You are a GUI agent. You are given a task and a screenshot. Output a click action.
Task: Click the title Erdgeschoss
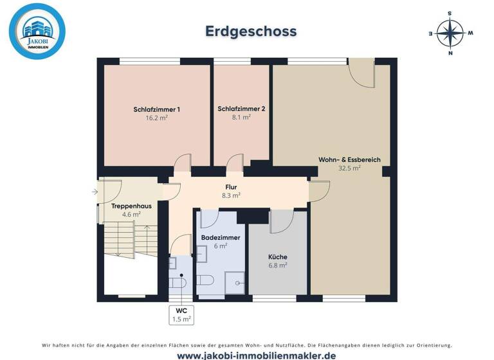(251, 31)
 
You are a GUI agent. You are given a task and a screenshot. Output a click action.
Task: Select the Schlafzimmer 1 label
(156, 109)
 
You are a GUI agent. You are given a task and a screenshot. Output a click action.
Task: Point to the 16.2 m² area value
(156, 118)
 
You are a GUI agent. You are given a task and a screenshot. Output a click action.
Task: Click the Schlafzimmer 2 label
(241, 109)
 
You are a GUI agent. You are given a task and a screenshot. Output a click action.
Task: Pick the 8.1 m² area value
(241, 118)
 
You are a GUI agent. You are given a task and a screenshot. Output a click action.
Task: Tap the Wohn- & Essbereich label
(349, 159)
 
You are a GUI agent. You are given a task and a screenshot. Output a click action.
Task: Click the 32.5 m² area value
(349, 168)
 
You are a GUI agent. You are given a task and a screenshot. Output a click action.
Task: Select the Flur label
(231, 186)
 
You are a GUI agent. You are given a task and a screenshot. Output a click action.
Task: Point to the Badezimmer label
(221, 238)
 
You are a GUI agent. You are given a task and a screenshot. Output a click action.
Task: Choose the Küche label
(278, 256)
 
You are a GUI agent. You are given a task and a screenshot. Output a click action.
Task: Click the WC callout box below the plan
(181, 314)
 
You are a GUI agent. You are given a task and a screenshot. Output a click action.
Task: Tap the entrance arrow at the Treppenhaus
(94, 191)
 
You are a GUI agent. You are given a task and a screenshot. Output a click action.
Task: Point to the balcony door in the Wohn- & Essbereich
(361, 76)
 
